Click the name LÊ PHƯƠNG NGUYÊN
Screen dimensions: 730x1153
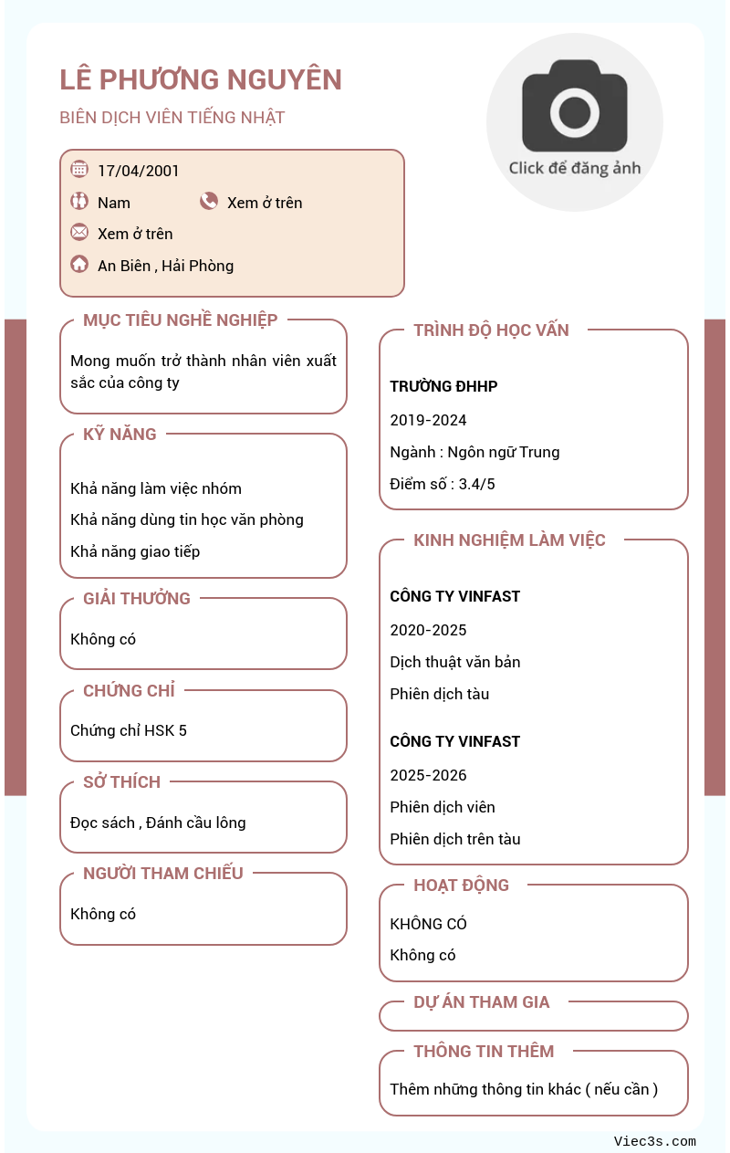click(201, 80)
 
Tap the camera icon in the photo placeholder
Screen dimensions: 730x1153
click(574, 107)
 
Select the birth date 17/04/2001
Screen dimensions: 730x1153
click(139, 171)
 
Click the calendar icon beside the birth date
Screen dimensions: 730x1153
click(79, 169)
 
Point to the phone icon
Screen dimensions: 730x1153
click(209, 202)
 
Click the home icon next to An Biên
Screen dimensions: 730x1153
click(79, 265)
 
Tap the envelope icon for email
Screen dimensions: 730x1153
click(79, 232)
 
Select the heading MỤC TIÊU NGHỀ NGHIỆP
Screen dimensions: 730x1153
click(181, 320)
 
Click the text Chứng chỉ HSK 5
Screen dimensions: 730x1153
click(129, 730)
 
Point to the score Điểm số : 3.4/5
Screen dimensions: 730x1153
click(443, 484)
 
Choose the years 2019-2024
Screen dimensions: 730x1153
click(428, 420)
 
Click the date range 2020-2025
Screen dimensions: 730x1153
click(428, 630)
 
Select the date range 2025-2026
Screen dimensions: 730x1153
click(428, 775)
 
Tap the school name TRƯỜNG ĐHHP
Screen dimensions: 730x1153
click(443, 386)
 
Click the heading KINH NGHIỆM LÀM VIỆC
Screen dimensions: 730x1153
click(509, 540)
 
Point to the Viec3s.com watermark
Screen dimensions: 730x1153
click(654, 1141)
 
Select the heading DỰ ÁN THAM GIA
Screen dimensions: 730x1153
click(482, 1002)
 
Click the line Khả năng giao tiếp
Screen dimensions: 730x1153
click(135, 551)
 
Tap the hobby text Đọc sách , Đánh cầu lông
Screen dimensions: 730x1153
click(158, 823)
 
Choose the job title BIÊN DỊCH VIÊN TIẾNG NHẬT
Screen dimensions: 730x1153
click(172, 118)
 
